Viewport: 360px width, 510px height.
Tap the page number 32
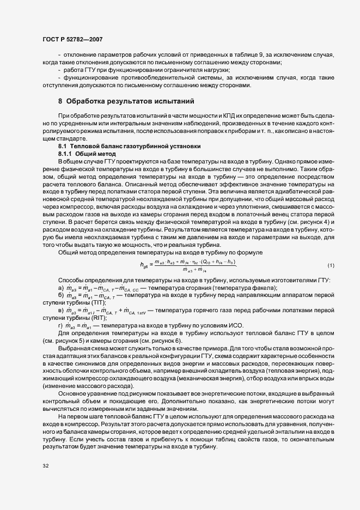(46, 466)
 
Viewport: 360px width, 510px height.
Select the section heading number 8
(60, 101)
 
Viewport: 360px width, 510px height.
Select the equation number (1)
(331, 265)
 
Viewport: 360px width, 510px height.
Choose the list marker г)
(61, 326)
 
